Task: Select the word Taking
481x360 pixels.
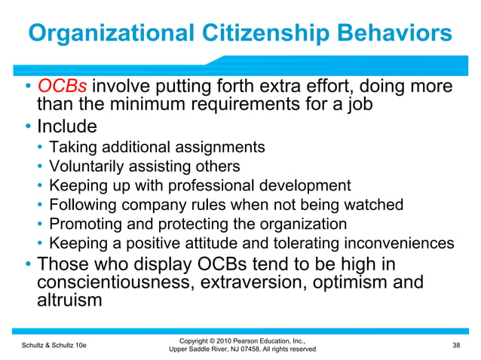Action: click(x=69, y=146)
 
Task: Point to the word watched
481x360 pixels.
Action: click(x=375, y=205)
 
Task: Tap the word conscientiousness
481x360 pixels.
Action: click(x=124, y=283)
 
